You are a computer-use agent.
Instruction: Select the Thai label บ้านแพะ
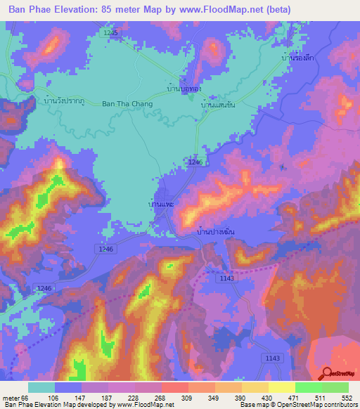(x=161, y=204)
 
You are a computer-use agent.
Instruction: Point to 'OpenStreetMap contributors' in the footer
(x=314, y=405)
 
